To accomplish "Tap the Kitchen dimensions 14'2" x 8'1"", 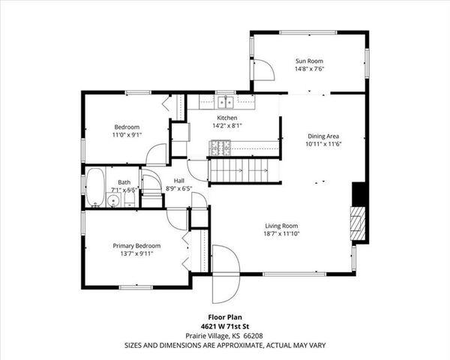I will pos(227,127).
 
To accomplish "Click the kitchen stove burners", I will pos(220,147).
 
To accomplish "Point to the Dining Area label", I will pos(323,136).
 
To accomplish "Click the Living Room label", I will pos(281,226).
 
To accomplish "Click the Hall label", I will pos(179,181).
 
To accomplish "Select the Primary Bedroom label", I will pos(136,245).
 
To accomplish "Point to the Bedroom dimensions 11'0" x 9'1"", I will pos(127,136).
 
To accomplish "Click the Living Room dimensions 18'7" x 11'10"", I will pos(281,235).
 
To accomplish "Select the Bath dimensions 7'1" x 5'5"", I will pos(124,190).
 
